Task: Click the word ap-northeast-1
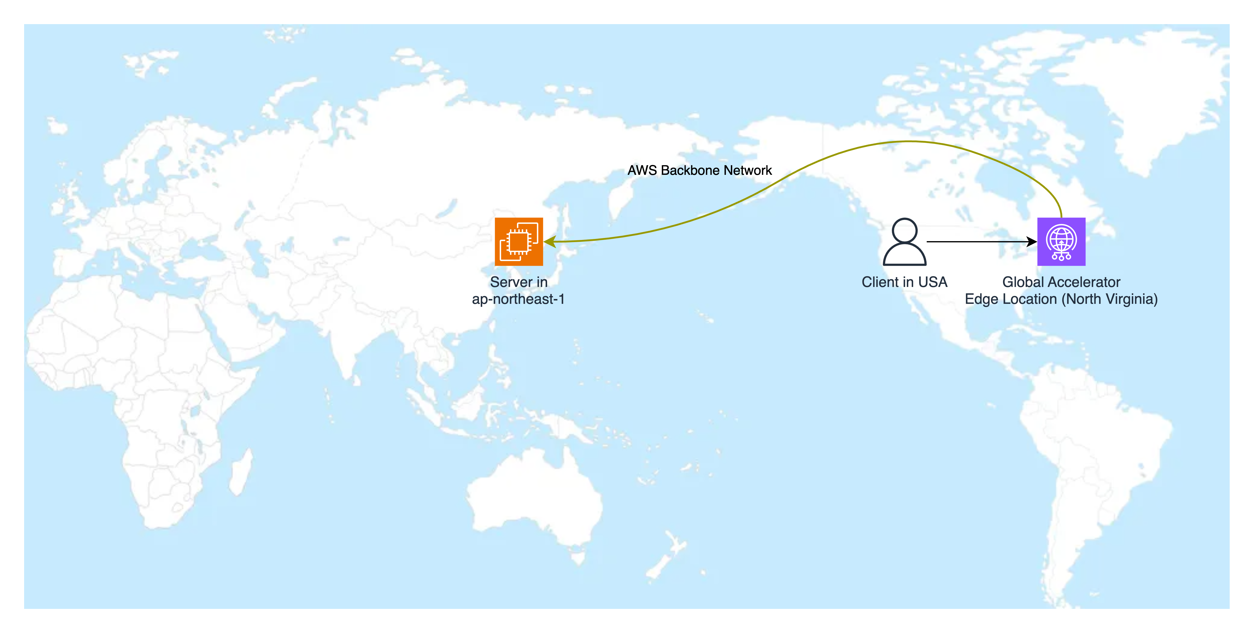click(518, 299)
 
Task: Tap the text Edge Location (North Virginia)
click(1061, 299)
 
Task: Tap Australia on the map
click(536, 497)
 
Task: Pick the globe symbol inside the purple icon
click(1061, 238)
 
